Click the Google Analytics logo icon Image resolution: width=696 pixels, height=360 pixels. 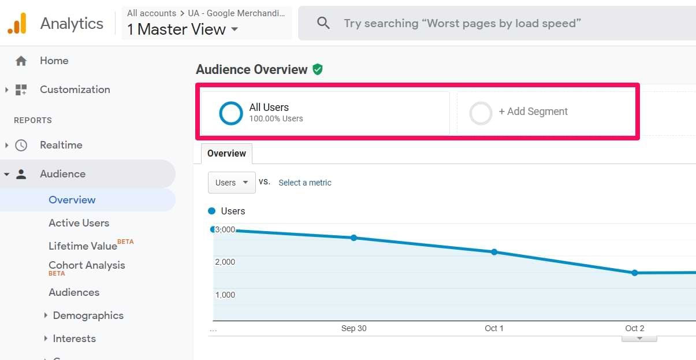tap(17, 23)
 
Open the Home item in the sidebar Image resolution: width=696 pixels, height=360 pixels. tap(54, 61)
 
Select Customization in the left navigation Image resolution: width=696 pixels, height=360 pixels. tap(75, 90)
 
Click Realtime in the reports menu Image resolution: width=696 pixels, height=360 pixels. tap(61, 145)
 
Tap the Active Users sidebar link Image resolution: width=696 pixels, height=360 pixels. tap(79, 223)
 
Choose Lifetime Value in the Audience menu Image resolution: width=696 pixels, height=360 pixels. tap(83, 246)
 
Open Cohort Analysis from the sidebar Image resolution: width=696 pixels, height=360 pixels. tap(87, 265)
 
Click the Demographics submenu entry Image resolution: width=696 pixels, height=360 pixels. tap(88, 316)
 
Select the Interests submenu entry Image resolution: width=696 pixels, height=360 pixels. tap(74, 339)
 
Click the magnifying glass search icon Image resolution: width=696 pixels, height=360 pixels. tap(323, 23)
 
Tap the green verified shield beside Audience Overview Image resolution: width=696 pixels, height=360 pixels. tap(317, 69)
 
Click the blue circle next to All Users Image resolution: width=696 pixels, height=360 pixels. tap(231, 113)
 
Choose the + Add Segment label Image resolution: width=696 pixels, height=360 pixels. tap(533, 112)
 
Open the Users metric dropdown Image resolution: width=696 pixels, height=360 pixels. tap(232, 183)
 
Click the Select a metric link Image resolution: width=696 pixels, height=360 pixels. tap(305, 183)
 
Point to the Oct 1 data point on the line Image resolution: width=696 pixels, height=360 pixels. tap(494, 252)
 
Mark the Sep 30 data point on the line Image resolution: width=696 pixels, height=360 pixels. tap(354, 237)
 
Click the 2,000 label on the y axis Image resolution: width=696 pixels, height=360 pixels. tap(225, 262)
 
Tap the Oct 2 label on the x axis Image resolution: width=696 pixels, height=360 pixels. tap(635, 328)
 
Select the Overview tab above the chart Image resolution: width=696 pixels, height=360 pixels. tap(226, 154)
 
